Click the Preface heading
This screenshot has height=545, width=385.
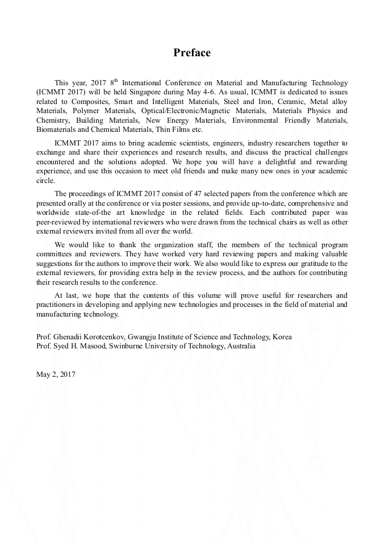192,53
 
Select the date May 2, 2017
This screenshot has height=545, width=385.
56,374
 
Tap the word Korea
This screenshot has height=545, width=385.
282,337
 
